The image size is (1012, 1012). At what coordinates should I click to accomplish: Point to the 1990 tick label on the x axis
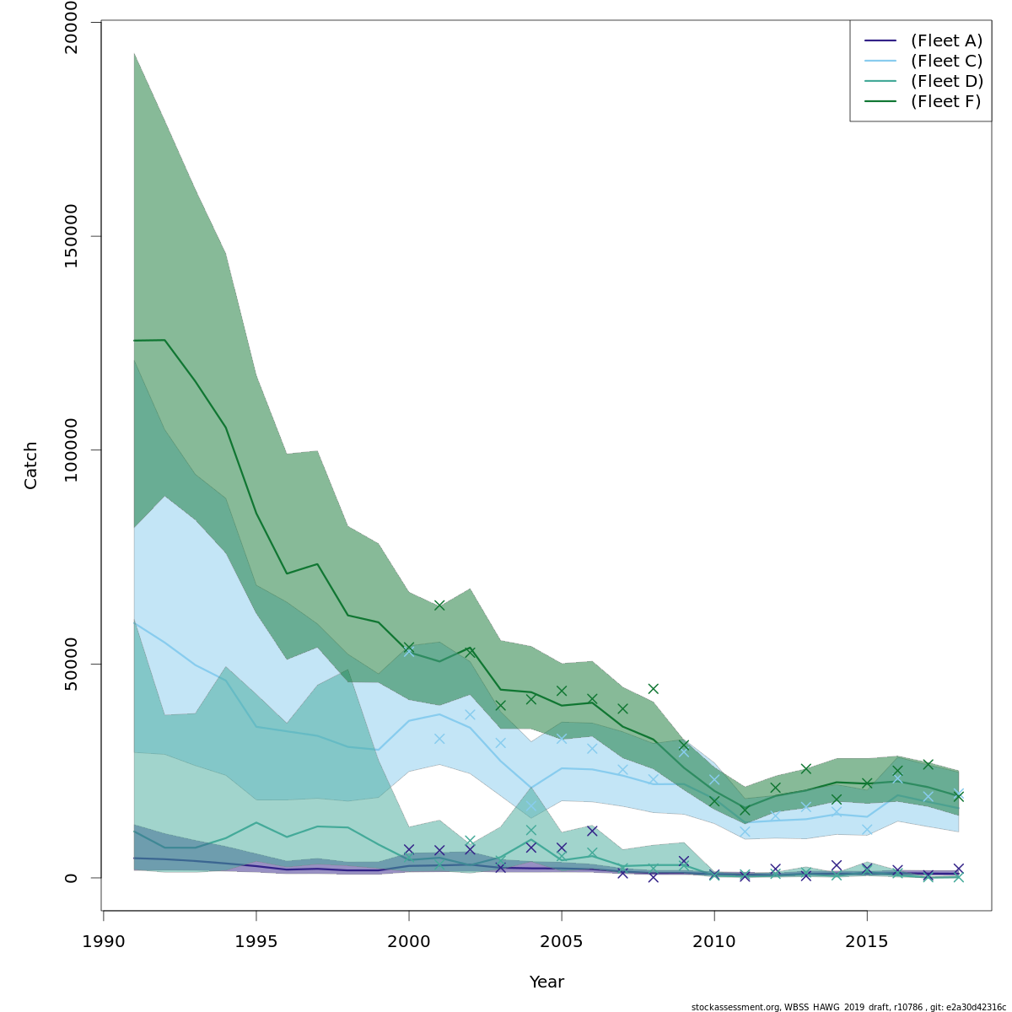(x=104, y=941)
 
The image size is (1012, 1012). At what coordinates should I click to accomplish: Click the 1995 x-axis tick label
(x=256, y=941)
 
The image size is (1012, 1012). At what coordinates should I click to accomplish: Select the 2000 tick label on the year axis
(x=409, y=941)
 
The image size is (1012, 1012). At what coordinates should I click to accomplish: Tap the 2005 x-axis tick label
(x=562, y=941)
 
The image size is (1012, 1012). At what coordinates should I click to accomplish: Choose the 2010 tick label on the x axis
(x=714, y=941)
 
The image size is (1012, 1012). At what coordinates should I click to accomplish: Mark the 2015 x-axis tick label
(x=867, y=941)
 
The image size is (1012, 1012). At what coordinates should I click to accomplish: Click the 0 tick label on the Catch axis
(x=71, y=877)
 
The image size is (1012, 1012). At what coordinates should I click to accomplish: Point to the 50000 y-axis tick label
(x=71, y=664)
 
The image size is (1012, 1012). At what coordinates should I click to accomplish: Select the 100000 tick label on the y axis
(x=71, y=450)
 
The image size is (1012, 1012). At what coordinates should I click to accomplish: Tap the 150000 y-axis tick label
(x=71, y=236)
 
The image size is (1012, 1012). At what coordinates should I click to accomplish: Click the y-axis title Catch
(x=31, y=465)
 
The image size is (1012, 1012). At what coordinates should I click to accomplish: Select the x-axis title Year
(x=546, y=982)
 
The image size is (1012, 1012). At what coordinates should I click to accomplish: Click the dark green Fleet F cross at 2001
(x=439, y=606)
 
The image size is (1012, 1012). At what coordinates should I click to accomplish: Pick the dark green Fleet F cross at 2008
(x=653, y=689)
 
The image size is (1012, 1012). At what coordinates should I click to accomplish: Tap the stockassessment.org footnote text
(x=848, y=1007)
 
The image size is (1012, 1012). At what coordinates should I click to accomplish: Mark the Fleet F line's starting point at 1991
(x=134, y=341)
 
